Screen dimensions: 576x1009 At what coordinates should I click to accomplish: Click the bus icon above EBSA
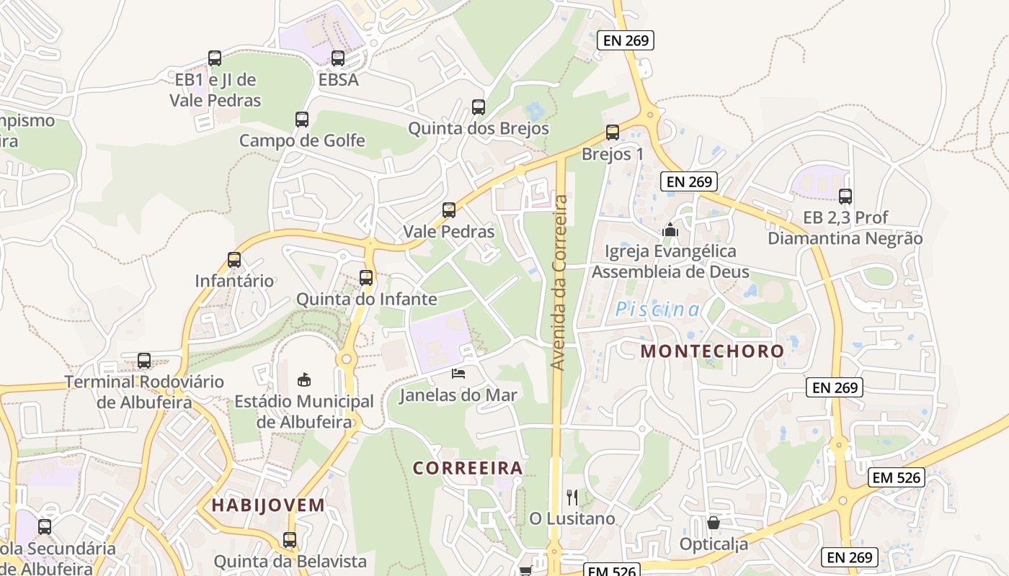click(x=338, y=58)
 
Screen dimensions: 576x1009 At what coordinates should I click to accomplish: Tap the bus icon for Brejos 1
click(x=613, y=132)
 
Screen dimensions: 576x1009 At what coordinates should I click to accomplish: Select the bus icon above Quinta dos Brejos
click(x=479, y=107)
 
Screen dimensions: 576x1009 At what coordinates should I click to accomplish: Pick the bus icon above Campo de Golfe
click(x=302, y=120)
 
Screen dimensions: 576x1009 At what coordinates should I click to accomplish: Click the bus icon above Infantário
click(x=234, y=260)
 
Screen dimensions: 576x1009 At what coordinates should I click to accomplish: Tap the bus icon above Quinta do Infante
click(x=366, y=277)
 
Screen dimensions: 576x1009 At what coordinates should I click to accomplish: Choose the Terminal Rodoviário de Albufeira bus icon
click(x=144, y=361)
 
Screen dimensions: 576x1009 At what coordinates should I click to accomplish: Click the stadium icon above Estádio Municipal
click(x=304, y=379)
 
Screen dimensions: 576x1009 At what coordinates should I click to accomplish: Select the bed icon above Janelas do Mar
click(x=458, y=373)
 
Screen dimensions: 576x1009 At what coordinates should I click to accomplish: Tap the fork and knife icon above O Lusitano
click(x=572, y=497)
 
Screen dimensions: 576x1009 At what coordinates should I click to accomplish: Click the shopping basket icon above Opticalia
click(x=714, y=523)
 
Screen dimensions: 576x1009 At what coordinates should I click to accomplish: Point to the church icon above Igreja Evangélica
click(x=670, y=230)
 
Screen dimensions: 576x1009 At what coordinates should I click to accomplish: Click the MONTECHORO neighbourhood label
click(x=712, y=351)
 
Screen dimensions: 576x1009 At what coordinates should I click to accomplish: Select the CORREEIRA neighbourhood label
click(x=468, y=468)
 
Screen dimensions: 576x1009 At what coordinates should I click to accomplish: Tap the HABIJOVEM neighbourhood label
click(x=268, y=505)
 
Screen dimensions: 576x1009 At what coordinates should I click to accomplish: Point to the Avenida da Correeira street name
click(x=559, y=282)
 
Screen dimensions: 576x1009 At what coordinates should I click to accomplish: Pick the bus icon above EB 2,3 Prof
click(x=845, y=196)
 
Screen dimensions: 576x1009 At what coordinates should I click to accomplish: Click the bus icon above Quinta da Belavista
click(x=290, y=539)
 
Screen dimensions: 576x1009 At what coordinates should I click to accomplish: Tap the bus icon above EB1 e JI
click(x=215, y=58)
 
